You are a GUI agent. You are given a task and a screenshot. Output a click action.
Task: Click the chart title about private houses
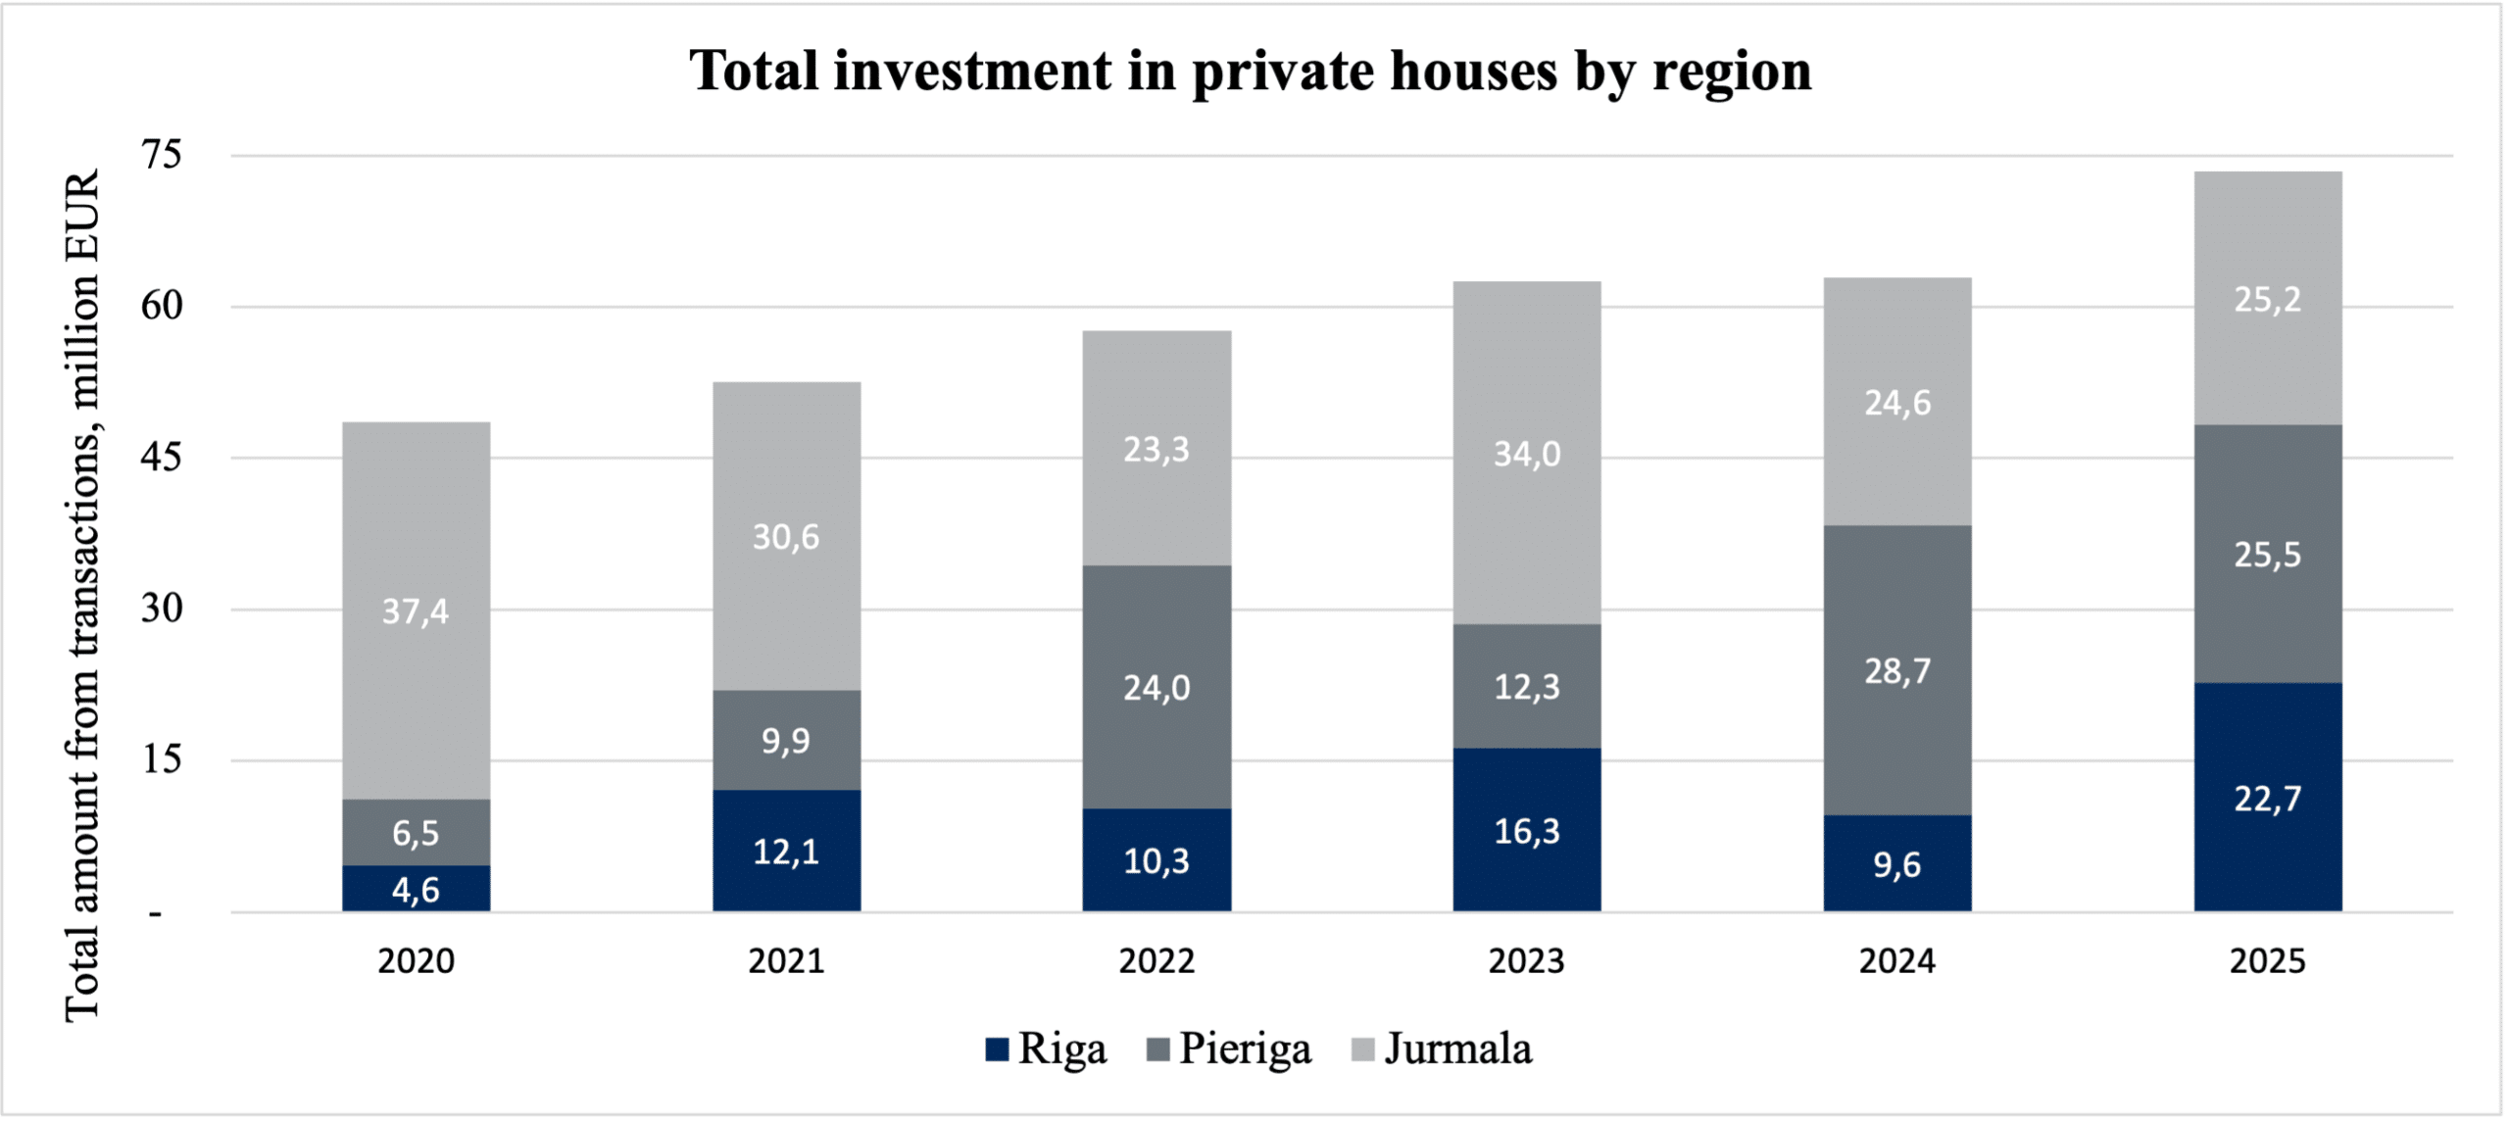(x=1251, y=71)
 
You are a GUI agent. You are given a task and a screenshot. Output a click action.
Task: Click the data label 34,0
(x=1526, y=454)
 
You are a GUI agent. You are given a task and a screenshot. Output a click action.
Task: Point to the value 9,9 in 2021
(x=786, y=741)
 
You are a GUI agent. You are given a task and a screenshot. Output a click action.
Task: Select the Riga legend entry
(x=1047, y=1049)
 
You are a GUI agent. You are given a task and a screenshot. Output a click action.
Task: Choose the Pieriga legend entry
(x=1229, y=1049)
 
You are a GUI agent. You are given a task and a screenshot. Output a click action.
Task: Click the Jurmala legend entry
(x=1442, y=1049)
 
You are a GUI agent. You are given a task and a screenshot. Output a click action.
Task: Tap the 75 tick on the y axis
(x=162, y=155)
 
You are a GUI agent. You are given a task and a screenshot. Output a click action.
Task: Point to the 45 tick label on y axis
(x=162, y=458)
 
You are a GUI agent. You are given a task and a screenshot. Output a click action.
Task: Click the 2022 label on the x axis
(x=1156, y=961)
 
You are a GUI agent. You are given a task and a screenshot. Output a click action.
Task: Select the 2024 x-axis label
(x=1896, y=961)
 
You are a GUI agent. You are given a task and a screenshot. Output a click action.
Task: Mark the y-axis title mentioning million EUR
(x=83, y=596)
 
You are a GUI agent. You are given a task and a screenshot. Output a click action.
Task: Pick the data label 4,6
(x=416, y=890)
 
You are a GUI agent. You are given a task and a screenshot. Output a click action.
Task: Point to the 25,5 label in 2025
(x=2267, y=556)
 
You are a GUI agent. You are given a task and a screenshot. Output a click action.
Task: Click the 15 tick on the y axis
(x=162, y=760)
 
